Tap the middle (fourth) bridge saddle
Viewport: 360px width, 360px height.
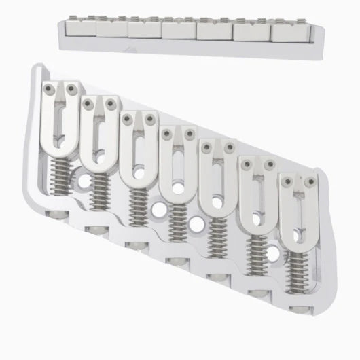(x=177, y=163)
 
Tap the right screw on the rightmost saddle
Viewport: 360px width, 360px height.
(x=310, y=181)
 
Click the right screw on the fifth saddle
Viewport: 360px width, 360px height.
(x=230, y=145)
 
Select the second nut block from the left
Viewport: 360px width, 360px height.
(x=111, y=29)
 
